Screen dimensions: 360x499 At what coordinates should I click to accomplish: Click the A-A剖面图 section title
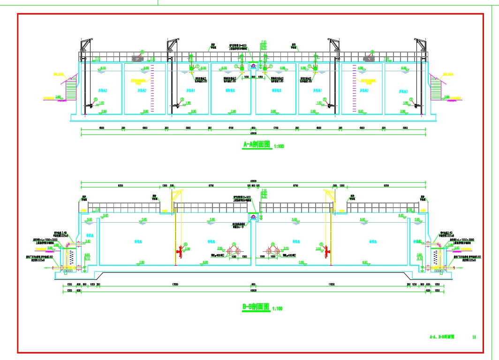tap(257, 145)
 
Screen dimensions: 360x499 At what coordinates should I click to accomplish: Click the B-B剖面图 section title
tap(256, 307)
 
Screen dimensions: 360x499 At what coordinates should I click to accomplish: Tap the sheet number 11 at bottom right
tap(474, 337)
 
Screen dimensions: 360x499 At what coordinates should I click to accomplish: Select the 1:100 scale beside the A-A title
tap(278, 147)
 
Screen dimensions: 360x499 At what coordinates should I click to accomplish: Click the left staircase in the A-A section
tap(71, 90)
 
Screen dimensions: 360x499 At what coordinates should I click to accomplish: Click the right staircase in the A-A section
tap(436, 90)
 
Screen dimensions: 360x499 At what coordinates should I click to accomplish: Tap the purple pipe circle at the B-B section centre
tap(254, 217)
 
